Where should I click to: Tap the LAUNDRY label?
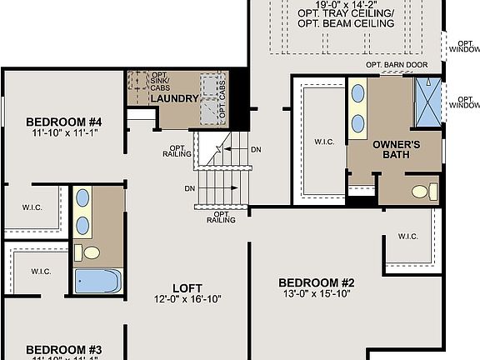pos(174,99)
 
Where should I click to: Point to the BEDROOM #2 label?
pos(317,282)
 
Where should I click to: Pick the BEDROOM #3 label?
pos(63,349)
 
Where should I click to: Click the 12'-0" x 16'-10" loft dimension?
pos(187,298)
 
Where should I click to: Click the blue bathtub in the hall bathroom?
pos(98,280)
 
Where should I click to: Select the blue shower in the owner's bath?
pos(428,102)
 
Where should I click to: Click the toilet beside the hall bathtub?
pos(91,252)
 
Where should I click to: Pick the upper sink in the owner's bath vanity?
pos(358,93)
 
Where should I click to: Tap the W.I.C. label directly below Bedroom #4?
pos(32,207)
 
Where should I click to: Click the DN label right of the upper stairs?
pos(256,150)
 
